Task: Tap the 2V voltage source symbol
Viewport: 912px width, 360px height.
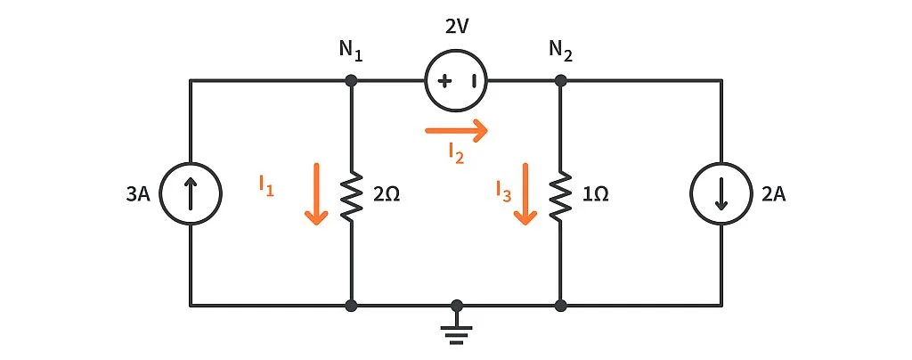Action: point(457,81)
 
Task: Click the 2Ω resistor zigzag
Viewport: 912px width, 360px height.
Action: point(353,193)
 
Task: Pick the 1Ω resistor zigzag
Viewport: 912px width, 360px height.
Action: point(561,193)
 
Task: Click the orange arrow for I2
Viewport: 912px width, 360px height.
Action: point(457,131)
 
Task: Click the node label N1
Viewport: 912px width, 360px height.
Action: point(350,53)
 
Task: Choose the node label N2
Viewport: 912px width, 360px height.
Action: point(560,53)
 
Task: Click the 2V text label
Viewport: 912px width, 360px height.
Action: point(457,28)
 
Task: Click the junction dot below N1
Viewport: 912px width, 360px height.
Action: point(353,81)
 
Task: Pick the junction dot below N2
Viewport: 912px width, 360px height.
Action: point(561,81)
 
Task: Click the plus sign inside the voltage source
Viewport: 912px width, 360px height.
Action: point(443,81)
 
